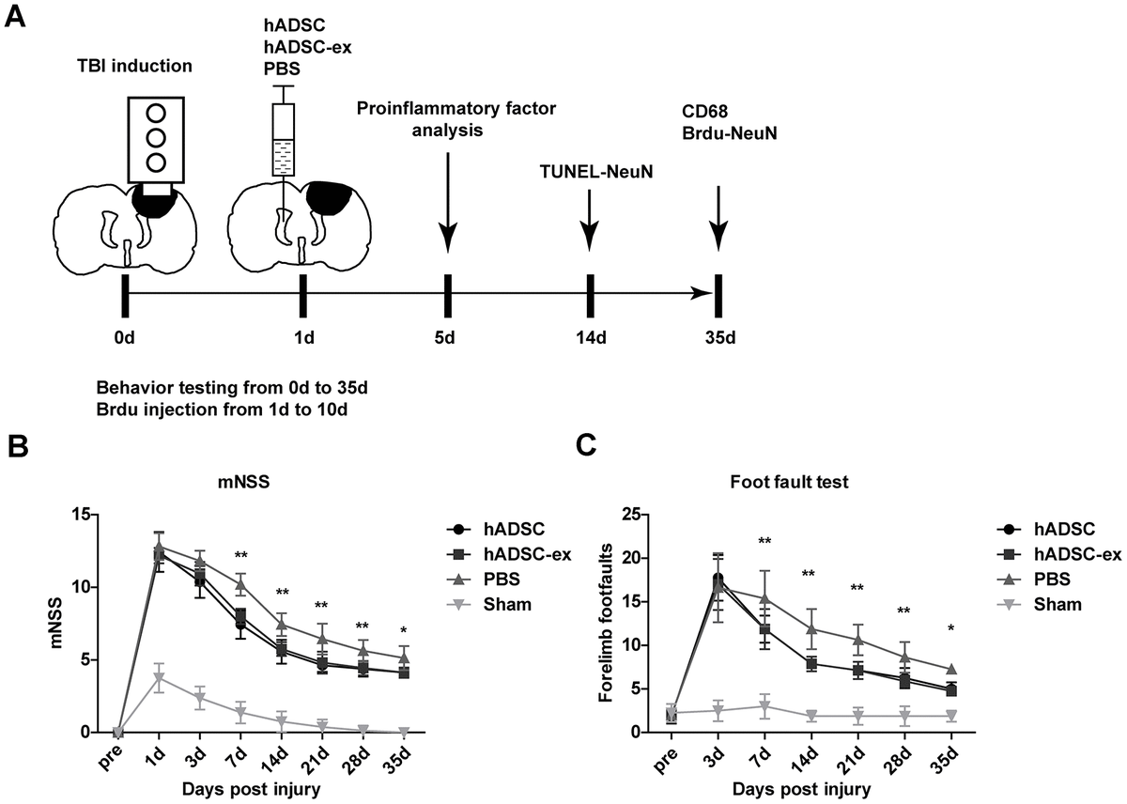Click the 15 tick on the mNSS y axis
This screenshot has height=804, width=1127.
[86, 515]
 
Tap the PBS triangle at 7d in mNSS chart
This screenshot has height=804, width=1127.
[240, 584]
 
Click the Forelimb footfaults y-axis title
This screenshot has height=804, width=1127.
[606, 623]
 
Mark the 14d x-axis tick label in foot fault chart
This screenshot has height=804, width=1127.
[809, 756]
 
